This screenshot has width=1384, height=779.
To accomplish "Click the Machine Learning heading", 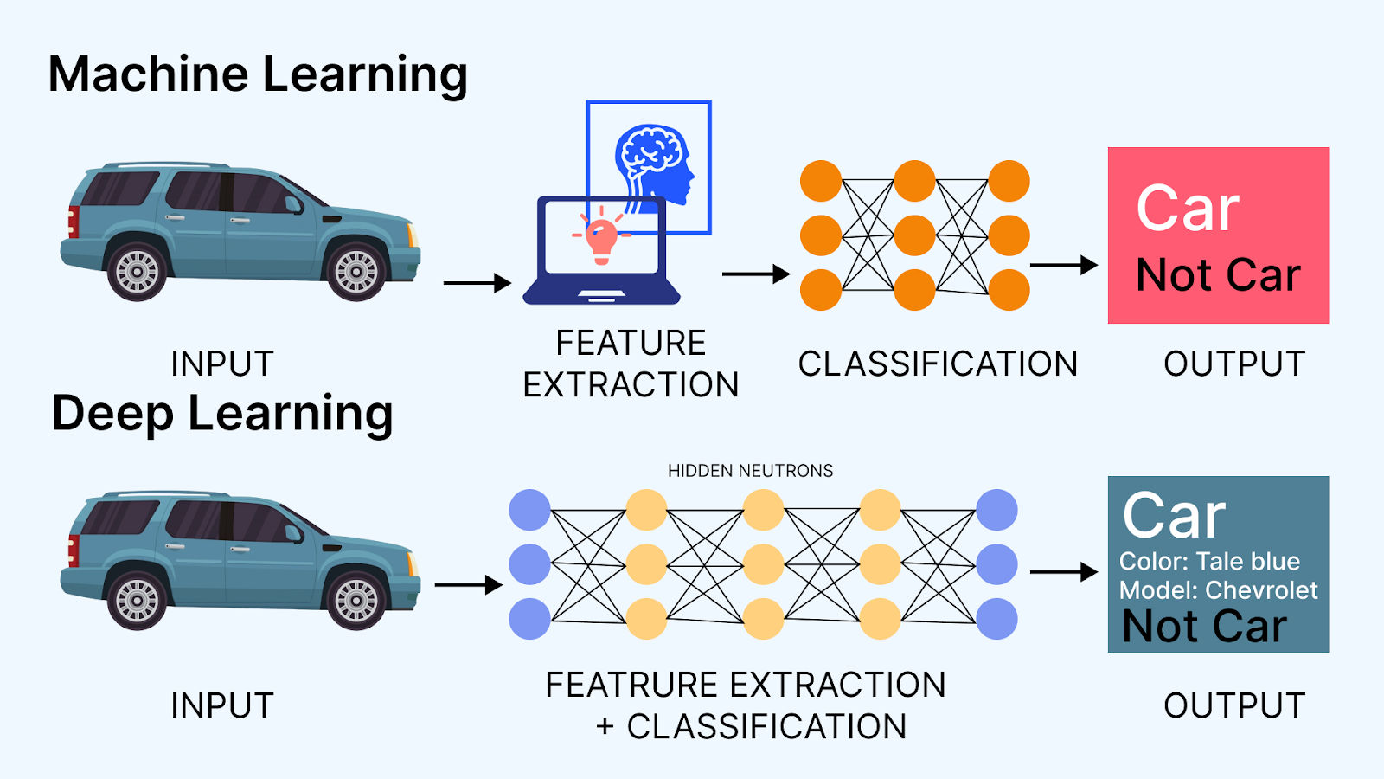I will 258,74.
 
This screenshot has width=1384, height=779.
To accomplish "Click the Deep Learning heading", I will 222,414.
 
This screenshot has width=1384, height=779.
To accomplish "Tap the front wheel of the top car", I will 356,272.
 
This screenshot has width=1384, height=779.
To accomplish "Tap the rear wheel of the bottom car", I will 138,600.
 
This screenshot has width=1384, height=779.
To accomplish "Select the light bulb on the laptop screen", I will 601,237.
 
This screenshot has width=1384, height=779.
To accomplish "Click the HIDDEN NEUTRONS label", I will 750,471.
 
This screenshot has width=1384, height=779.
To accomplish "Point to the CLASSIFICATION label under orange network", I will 938,364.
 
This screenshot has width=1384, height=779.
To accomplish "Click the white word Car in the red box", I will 1188,209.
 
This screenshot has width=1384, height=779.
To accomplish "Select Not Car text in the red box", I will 1218,275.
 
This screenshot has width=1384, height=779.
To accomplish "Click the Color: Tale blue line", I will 1209,562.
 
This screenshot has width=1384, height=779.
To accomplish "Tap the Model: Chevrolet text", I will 1218,590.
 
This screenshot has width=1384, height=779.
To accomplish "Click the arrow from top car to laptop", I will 477,283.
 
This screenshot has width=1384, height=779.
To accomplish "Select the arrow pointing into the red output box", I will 1063,266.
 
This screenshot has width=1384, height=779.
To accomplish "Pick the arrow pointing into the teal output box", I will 1063,572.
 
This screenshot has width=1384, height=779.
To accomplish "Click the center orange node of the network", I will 914,235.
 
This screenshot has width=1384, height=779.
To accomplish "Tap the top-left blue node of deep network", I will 529,510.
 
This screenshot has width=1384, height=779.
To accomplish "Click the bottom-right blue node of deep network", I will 996,618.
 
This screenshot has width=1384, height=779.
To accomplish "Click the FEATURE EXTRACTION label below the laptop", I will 631,364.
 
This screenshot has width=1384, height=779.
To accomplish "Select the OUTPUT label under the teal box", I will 1233,706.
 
